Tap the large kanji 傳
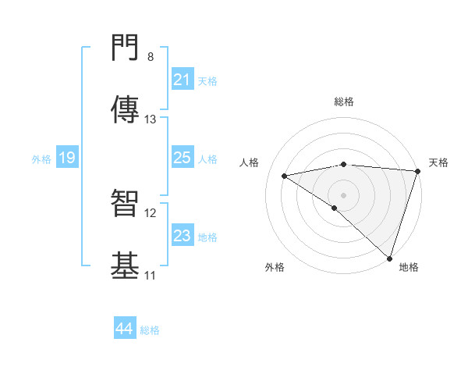click(x=126, y=110)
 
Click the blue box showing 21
click(x=183, y=80)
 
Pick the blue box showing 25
click(x=183, y=159)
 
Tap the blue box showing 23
click(x=183, y=237)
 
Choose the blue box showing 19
click(x=67, y=159)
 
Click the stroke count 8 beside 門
click(x=151, y=57)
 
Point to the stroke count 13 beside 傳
click(x=151, y=119)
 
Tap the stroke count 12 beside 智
click(x=151, y=212)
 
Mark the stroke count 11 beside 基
click(x=151, y=275)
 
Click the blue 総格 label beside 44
click(x=150, y=330)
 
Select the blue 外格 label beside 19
click(x=41, y=159)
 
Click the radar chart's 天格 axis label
click(x=438, y=162)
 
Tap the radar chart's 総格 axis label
click(x=344, y=102)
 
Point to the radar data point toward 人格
click(x=285, y=176)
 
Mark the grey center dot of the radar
click(x=344, y=194)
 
